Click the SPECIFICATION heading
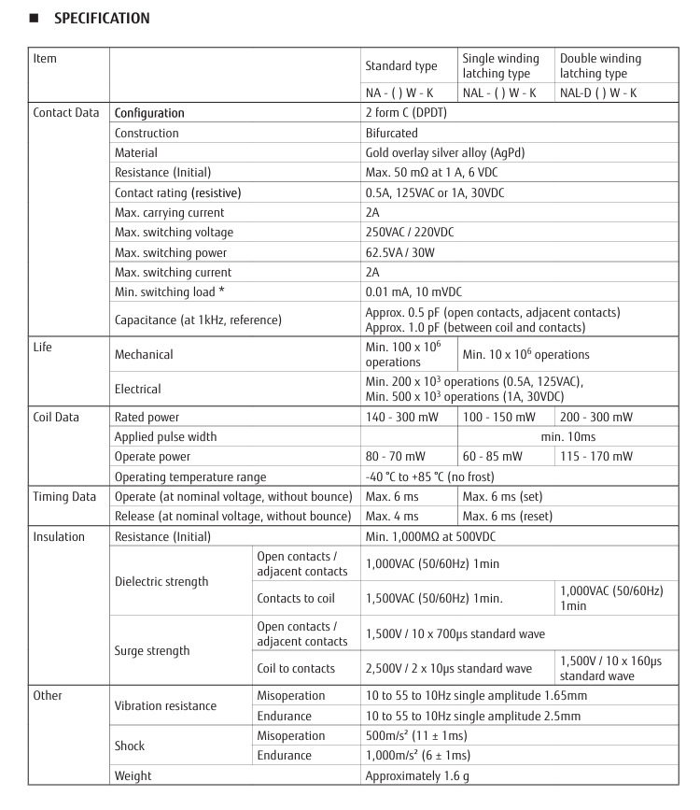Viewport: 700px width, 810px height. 101,18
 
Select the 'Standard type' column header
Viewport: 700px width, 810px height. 400,66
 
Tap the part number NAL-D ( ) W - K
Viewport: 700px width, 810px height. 598,92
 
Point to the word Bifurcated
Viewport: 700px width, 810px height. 392,133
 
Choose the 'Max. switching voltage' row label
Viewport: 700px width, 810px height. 174,232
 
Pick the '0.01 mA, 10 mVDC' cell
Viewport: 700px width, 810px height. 413,292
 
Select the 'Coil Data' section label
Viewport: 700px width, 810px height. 56,417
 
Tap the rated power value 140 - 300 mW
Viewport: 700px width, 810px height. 401,417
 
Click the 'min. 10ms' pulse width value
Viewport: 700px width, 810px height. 568,436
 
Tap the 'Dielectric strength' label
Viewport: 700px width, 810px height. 161,581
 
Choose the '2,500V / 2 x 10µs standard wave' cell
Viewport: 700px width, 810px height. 449,668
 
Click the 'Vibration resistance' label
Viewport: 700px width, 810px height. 165,705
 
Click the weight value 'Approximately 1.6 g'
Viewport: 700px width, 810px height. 418,775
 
